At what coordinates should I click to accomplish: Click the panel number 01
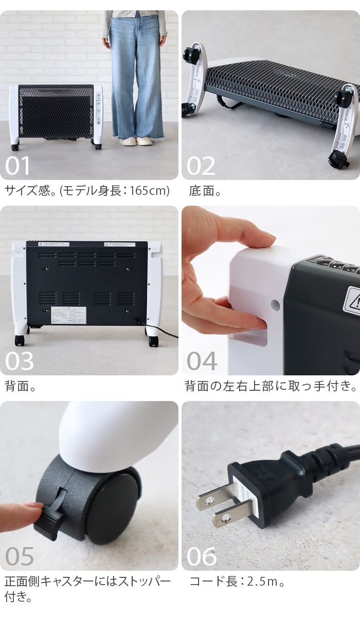click(x=18, y=166)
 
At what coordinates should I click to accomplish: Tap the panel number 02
click(x=201, y=166)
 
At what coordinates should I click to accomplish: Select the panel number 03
click(x=20, y=361)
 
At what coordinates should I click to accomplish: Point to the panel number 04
click(x=202, y=361)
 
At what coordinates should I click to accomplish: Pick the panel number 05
click(x=20, y=556)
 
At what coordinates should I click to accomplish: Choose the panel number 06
click(x=202, y=556)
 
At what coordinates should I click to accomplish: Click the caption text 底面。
click(x=205, y=191)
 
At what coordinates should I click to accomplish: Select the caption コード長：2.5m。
click(x=237, y=582)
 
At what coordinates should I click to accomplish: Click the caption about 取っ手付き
click(x=271, y=386)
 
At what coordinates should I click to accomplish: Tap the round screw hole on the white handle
click(x=275, y=305)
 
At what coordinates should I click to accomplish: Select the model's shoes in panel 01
click(x=136, y=141)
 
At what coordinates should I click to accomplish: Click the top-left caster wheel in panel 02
click(x=192, y=53)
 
